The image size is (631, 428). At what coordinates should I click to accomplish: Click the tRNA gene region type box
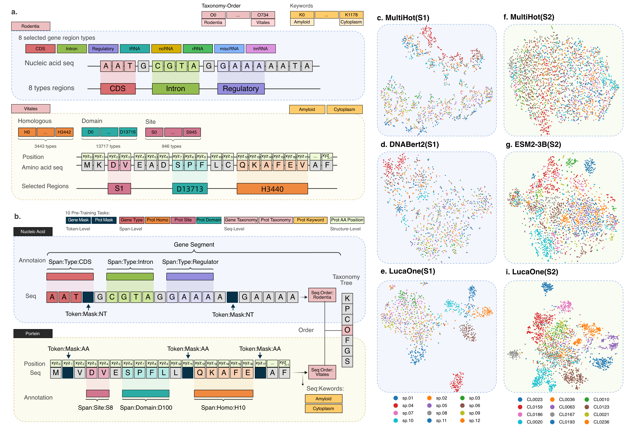pos(135,49)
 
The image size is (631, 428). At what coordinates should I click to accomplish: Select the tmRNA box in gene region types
pos(260,49)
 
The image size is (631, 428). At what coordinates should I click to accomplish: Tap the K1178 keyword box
pos(351,15)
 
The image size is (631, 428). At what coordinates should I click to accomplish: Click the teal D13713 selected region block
pos(190,189)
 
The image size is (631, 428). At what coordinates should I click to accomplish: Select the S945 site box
pos(191,132)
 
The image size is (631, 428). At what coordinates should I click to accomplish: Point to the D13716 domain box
pos(128,132)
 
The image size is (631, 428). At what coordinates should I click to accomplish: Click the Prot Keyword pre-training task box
pos(310,220)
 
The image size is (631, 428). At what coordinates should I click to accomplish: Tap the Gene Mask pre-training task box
pos(78,220)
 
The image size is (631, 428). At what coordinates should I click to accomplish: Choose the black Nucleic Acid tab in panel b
pos(33,232)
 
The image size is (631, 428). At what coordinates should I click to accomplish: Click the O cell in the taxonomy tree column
pos(347,330)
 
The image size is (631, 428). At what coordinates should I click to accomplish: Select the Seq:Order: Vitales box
pos(322,372)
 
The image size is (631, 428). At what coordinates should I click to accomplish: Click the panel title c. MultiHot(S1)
pos(403,18)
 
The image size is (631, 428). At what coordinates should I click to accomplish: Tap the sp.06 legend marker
pos(462,406)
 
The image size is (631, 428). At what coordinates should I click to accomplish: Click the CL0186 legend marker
pos(520,415)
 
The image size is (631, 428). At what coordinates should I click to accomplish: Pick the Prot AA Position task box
pos(347,220)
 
